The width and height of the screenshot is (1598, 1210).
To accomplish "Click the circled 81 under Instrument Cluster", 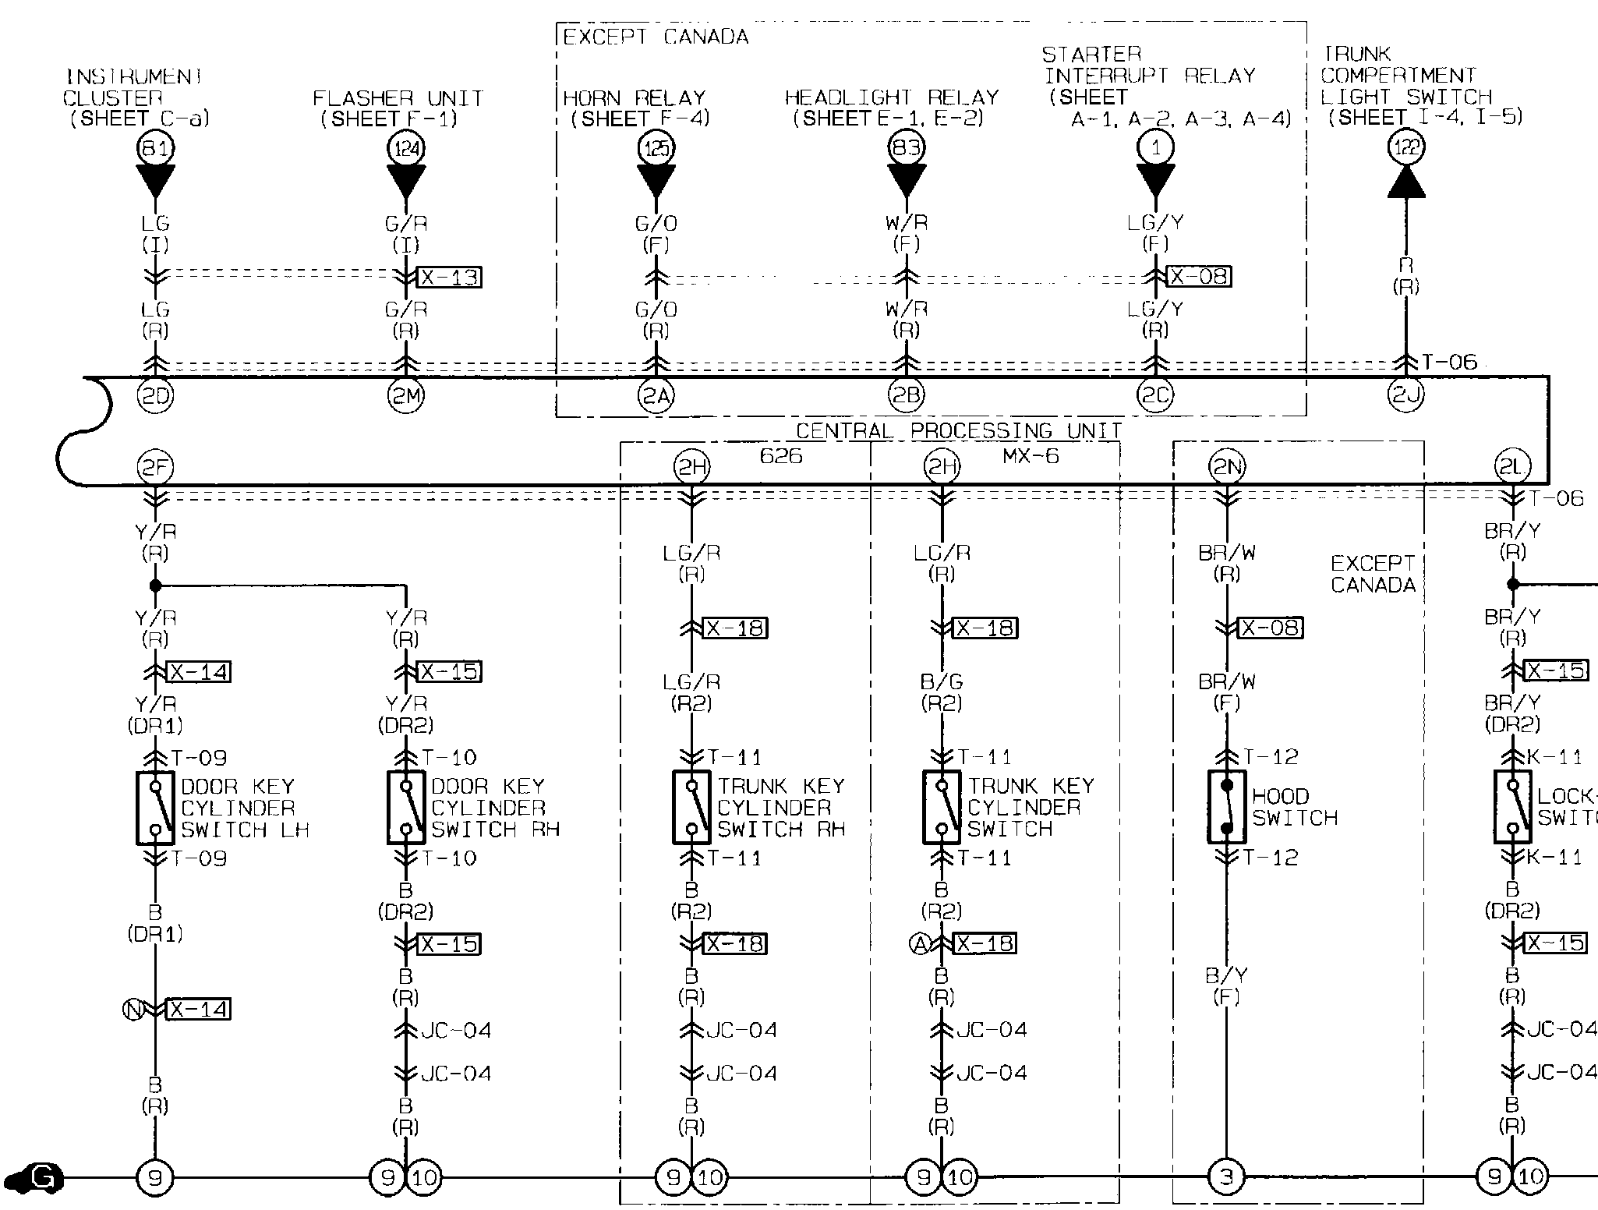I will click(x=156, y=147).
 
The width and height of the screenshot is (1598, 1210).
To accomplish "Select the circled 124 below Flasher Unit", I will click(x=406, y=147).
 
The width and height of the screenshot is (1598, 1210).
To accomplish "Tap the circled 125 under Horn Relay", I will click(x=656, y=147).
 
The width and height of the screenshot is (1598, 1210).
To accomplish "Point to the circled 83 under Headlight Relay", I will click(x=907, y=147).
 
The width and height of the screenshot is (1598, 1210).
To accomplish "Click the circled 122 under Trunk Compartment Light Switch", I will click(x=1406, y=147).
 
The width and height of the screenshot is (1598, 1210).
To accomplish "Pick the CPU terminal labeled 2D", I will click(x=156, y=396).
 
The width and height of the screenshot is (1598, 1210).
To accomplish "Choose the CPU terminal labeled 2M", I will click(x=406, y=396).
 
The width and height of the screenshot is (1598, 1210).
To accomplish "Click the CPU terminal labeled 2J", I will click(x=1406, y=396).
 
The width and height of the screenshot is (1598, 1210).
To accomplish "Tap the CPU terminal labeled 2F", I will click(x=156, y=467).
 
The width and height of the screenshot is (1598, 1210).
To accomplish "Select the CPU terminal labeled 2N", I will click(x=1227, y=467).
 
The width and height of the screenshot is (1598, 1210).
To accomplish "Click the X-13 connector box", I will click(x=450, y=277).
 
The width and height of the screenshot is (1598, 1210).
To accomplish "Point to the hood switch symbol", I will click(x=1227, y=807).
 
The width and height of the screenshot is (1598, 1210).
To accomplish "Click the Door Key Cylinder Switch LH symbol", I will click(x=156, y=808).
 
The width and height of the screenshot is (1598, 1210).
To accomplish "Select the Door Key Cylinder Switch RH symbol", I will click(x=406, y=808).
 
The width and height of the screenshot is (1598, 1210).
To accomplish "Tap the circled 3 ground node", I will click(x=1227, y=1176).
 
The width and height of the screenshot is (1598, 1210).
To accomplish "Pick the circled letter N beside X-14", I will click(x=133, y=1010).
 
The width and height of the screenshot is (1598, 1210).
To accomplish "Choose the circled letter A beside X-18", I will click(x=920, y=944).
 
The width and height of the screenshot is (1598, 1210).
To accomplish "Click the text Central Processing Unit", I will click(x=958, y=431).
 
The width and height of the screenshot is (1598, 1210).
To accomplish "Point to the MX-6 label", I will click(x=1031, y=456).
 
